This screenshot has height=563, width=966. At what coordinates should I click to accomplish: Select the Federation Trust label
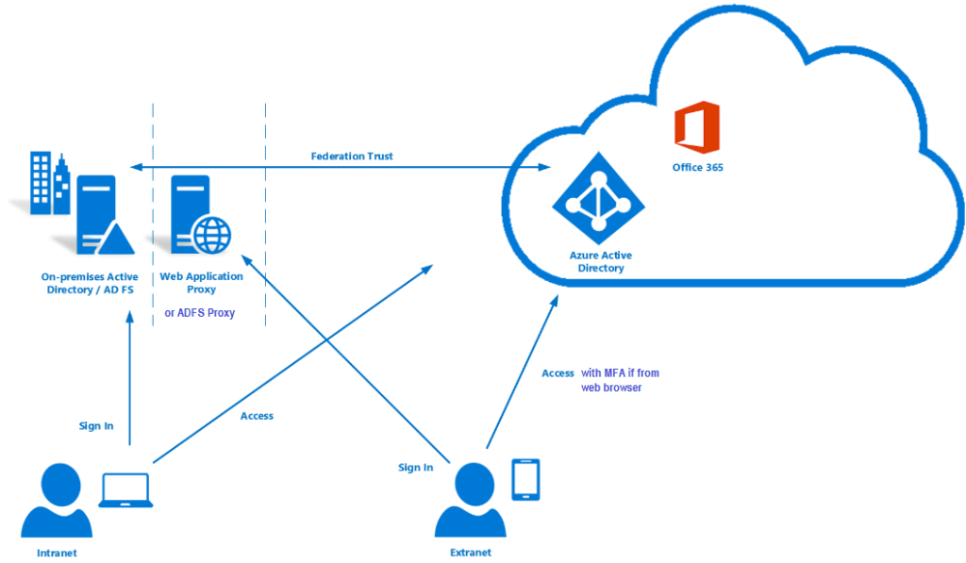click(352, 156)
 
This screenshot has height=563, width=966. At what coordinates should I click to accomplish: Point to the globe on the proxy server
click(211, 233)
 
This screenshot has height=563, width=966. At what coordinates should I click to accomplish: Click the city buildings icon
click(50, 183)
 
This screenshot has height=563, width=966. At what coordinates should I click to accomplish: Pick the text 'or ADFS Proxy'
click(200, 312)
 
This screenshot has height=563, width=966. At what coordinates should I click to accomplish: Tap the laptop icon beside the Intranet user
click(125, 490)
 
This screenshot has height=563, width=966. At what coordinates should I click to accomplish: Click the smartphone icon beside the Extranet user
click(525, 479)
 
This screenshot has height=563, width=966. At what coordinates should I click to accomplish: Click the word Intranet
click(56, 553)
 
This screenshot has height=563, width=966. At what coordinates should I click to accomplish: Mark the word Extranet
click(470, 553)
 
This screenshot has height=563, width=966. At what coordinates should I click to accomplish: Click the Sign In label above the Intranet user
click(96, 426)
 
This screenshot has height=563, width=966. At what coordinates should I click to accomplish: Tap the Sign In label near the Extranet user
click(415, 468)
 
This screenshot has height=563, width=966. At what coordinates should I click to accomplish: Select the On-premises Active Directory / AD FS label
click(90, 283)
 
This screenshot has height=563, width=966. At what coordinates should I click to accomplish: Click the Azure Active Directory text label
click(600, 262)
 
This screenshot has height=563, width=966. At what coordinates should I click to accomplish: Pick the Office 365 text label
click(697, 168)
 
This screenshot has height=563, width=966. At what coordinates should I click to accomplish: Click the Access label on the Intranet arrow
click(257, 416)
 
